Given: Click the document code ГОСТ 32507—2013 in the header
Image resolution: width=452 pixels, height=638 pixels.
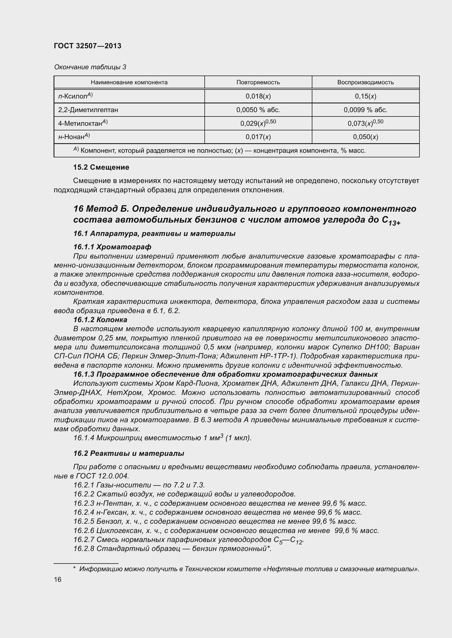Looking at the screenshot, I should [87, 46].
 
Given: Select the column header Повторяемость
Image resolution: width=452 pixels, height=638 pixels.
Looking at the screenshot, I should [258, 82].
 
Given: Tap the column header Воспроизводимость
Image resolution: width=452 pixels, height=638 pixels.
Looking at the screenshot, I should [365, 82].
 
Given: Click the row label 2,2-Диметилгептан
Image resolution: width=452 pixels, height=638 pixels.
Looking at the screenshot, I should [88, 110].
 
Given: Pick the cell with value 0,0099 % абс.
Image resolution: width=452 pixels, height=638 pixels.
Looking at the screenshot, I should [365, 110].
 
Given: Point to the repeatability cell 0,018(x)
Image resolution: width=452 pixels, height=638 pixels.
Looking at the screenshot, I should [258, 96].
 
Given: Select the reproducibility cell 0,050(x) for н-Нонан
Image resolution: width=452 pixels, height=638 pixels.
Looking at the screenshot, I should [365, 137].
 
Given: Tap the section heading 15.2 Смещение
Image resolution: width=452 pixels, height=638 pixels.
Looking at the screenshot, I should [101, 167].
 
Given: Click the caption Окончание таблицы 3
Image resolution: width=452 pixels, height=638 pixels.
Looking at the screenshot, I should [90, 67].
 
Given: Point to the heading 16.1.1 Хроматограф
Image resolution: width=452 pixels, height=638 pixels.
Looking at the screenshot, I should [112, 247].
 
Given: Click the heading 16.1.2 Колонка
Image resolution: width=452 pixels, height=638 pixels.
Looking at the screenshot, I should [100, 320].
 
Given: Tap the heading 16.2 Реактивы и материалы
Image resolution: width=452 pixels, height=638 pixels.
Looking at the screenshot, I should [129, 454].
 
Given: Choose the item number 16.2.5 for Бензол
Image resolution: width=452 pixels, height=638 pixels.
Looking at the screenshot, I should [84, 521].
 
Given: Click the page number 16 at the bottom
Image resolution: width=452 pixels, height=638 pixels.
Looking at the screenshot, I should [58, 579].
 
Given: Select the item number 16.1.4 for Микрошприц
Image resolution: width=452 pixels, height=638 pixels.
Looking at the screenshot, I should [84, 438].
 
